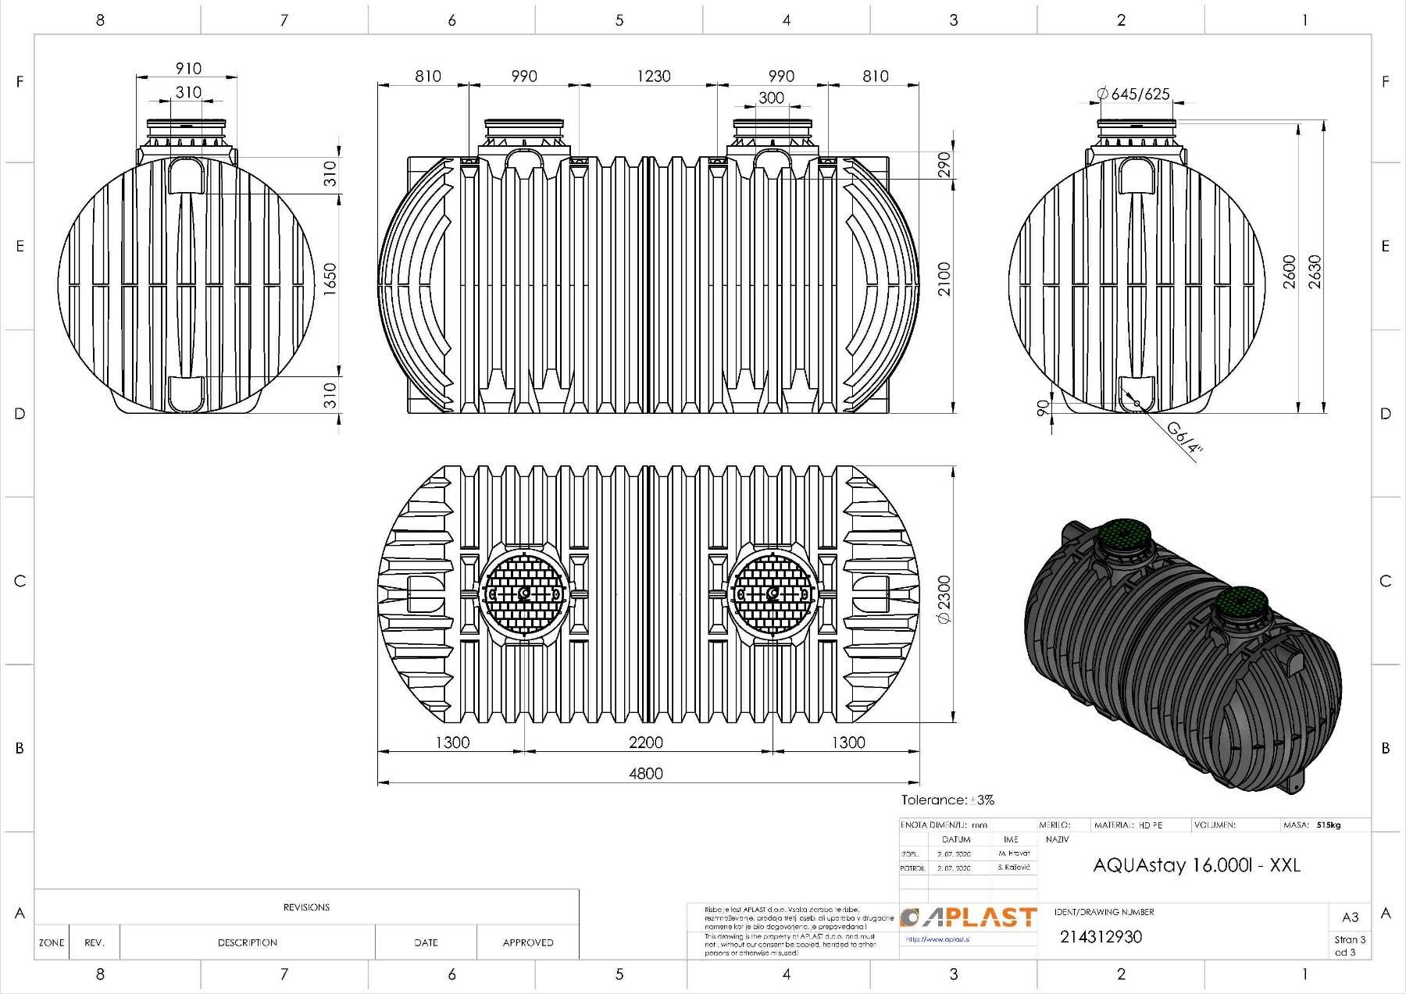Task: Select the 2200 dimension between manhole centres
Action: point(645,742)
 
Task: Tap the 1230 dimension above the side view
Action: point(653,76)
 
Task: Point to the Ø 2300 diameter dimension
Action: point(943,599)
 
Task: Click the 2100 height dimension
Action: point(944,279)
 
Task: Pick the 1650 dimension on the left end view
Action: point(330,279)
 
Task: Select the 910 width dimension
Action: point(187,68)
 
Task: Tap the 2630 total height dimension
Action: point(1315,271)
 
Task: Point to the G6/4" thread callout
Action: point(1185,438)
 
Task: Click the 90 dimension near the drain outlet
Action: point(1042,408)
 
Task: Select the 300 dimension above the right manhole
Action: point(771,98)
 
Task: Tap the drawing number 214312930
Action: point(1101,937)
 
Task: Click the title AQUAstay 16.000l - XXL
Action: point(1197,865)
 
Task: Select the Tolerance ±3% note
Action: point(947,800)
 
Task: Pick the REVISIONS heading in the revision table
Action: point(306,907)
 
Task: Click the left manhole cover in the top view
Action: point(523,595)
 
